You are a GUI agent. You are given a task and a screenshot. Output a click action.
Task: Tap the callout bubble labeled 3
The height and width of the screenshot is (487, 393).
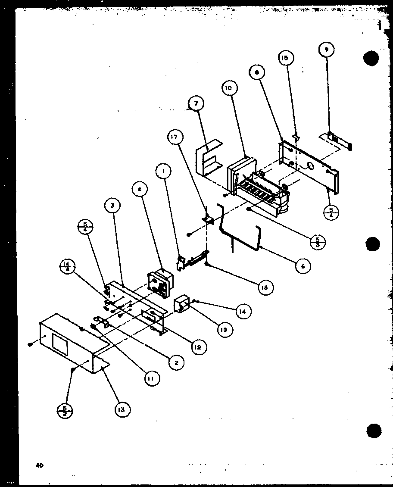tap(112, 206)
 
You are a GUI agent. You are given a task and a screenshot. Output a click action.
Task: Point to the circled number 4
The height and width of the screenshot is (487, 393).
tap(140, 190)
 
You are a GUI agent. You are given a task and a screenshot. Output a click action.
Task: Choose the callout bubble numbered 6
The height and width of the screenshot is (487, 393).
tap(303, 266)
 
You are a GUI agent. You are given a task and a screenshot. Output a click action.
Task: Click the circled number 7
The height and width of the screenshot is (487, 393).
tap(196, 104)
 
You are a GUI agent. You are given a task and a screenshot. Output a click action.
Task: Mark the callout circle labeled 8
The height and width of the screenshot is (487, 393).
tap(257, 73)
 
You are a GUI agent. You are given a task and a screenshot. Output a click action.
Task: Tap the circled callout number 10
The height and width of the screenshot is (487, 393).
tap(228, 88)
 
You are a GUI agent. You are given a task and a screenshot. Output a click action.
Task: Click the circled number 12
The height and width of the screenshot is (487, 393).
tap(198, 346)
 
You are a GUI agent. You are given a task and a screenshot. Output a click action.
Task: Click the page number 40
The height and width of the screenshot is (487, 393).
tap(40, 465)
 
